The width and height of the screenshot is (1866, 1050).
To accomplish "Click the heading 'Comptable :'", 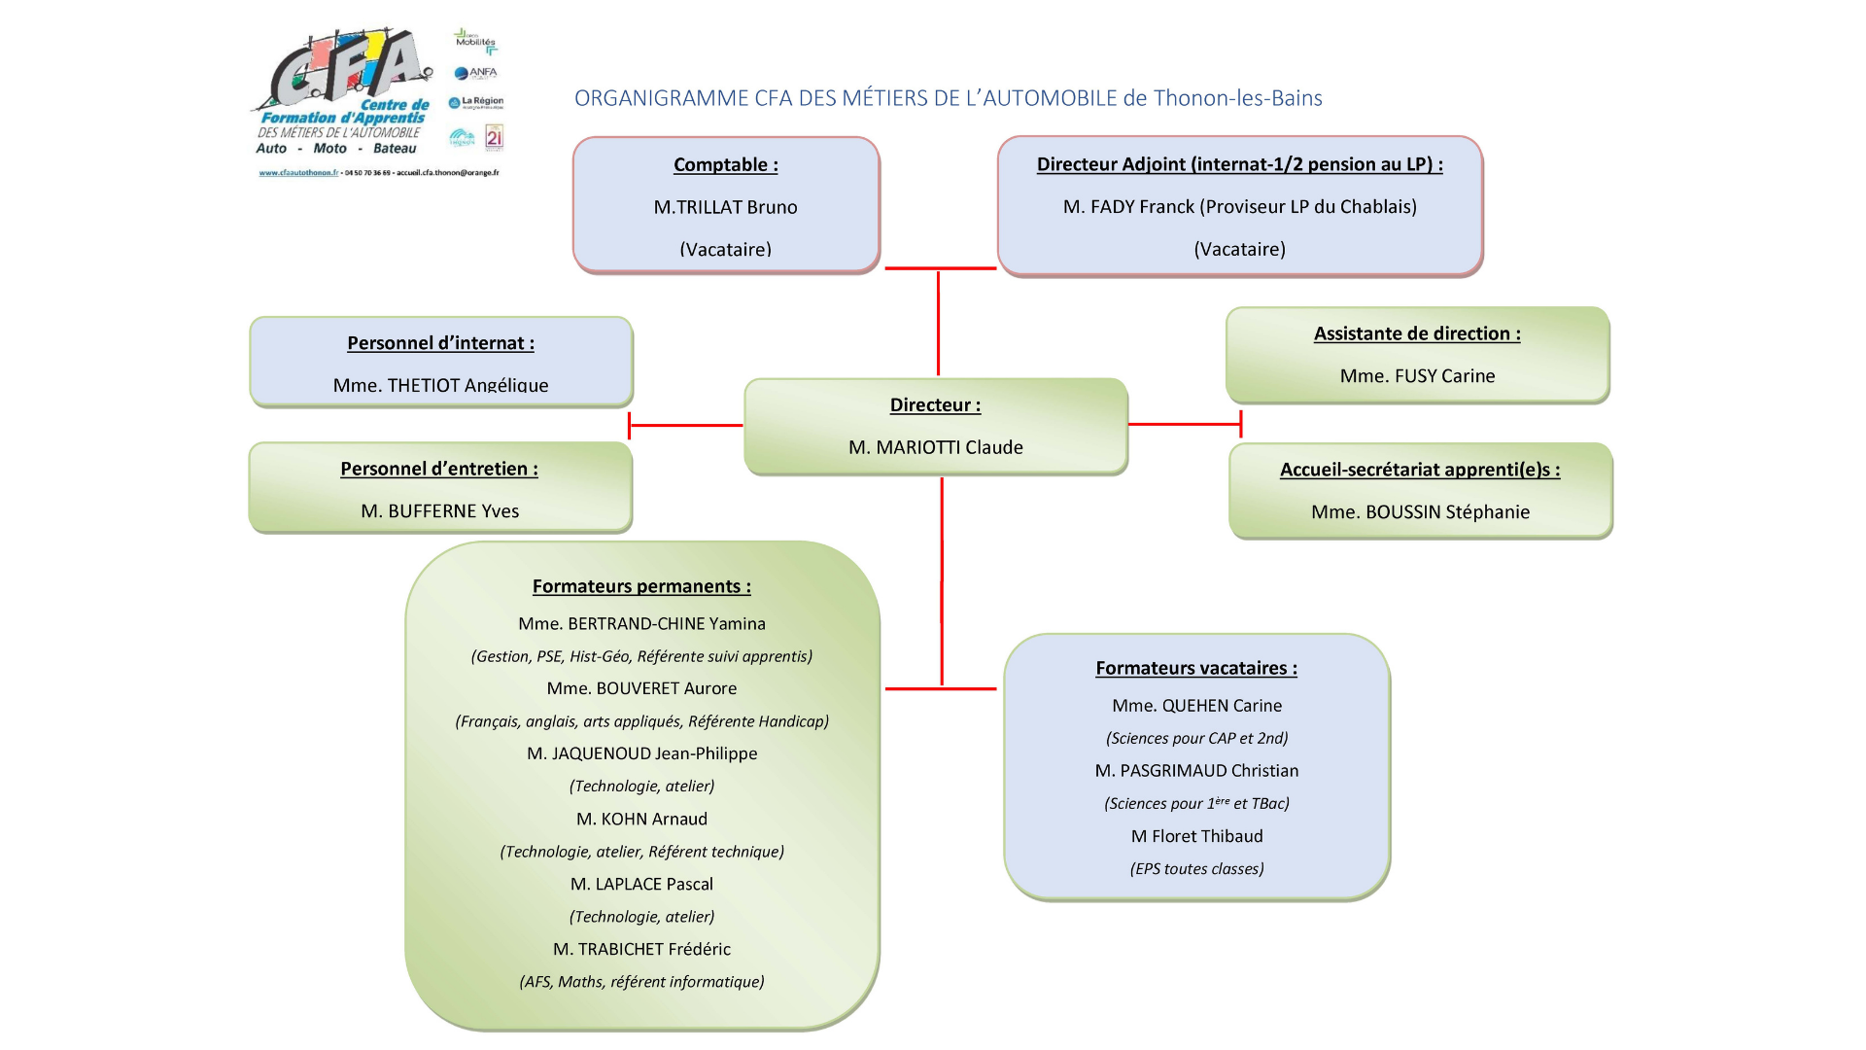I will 725,164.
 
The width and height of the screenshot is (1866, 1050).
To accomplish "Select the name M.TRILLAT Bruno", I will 725,207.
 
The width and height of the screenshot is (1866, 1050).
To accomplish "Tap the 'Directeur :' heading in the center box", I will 935,405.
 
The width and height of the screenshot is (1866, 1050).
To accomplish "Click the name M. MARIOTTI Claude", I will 935,447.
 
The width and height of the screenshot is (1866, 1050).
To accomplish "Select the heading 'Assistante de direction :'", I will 1417,333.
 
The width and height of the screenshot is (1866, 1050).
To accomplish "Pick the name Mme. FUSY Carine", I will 1417,376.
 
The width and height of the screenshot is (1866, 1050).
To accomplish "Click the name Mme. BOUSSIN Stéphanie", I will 1420,512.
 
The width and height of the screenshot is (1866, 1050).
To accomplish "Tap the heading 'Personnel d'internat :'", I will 440,343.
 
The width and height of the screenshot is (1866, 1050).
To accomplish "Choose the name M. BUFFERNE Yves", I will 439,511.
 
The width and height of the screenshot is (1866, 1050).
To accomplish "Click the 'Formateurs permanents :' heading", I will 641,586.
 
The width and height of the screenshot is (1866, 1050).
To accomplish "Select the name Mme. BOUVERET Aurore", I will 641,688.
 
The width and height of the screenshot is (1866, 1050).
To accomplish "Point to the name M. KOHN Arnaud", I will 641,820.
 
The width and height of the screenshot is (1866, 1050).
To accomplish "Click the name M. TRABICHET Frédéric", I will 641,949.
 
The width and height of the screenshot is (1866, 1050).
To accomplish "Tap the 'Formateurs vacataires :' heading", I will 1196,668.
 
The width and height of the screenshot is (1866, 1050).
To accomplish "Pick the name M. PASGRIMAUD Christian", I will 1196,771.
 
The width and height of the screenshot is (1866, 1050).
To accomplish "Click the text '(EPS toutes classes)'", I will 1196,869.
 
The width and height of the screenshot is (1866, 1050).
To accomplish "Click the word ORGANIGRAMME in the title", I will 661,98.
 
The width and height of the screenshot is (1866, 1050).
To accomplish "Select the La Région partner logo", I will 476,102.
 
